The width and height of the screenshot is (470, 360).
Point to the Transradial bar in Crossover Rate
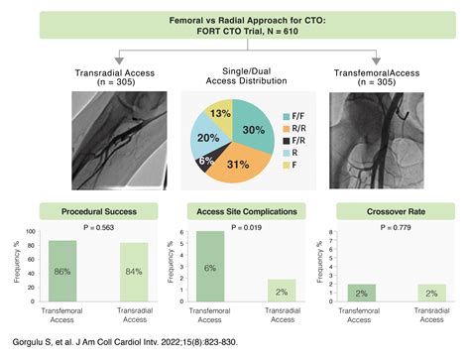coord(419,293)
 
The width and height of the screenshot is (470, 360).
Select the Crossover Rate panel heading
coord(382,210)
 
